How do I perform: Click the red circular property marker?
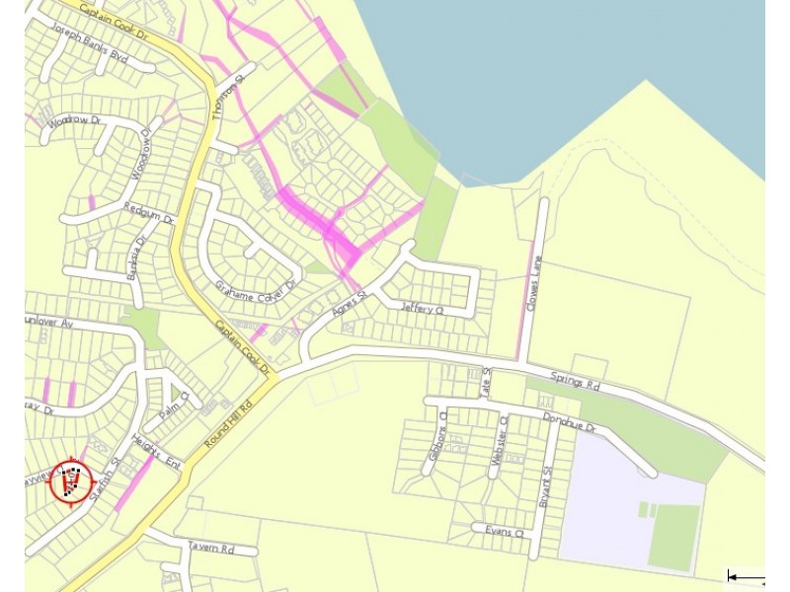pos(71,481)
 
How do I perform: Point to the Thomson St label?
pos(227,99)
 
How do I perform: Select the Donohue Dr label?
pos(570,423)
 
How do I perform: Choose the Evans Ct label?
pos(504,532)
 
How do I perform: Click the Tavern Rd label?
pos(211,547)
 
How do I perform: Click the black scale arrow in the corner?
pos(746,577)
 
